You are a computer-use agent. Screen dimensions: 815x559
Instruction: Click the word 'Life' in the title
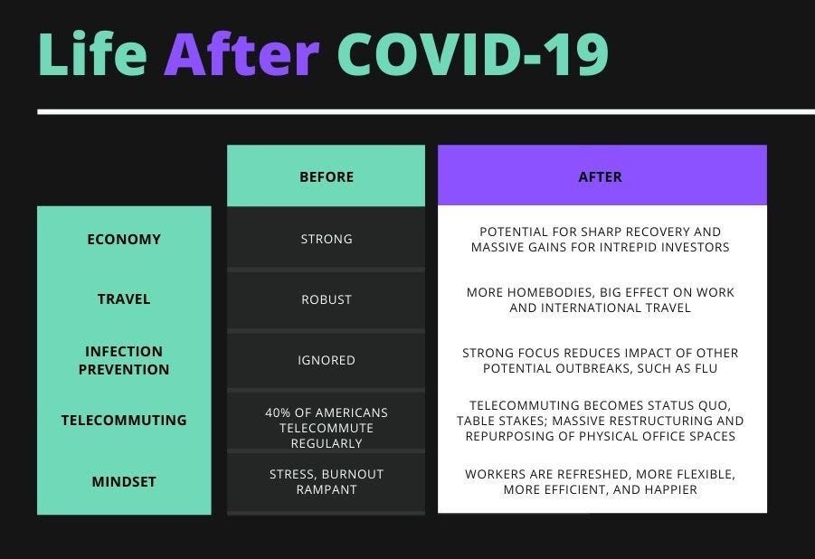pyautogui.click(x=92, y=53)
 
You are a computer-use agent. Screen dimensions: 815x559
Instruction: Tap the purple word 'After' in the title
pyautogui.click(x=242, y=53)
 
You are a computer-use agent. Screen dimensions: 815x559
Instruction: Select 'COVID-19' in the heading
pyautogui.click(x=473, y=54)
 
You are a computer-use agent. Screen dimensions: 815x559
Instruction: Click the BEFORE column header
pyautogui.click(x=327, y=176)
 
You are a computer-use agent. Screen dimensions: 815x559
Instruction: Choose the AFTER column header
pyautogui.click(x=601, y=176)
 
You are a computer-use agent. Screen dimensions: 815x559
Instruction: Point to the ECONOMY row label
pyautogui.click(x=124, y=239)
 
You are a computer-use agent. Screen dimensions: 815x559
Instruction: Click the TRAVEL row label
pyautogui.click(x=124, y=299)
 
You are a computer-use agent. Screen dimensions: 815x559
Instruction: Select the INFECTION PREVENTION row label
pyautogui.click(x=124, y=360)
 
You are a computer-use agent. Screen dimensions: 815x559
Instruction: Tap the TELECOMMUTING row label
pyautogui.click(x=124, y=421)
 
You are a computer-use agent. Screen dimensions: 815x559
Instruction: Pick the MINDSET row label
pyautogui.click(x=124, y=482)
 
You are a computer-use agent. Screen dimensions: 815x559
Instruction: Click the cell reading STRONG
pyautogui.click(x=327, y=239)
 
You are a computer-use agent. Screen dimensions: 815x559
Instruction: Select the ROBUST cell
pyautogui.click(x=327, y=299)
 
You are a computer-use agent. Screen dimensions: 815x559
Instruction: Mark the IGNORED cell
pyautogui.click(x=327, y=360)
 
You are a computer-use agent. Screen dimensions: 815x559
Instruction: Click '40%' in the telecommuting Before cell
pyautogui.click(x=278, y=412)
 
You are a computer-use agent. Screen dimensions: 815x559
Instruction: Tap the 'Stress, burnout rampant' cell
pyautogui.click(x=327, y=482)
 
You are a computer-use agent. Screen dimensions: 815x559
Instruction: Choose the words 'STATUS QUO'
pyautogui.click(x=691, y=405)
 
